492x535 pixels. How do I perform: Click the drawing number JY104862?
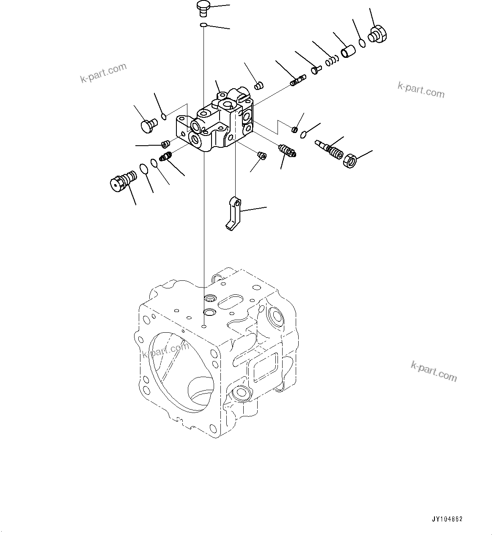pos(447,519)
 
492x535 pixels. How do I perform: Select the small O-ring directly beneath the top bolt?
pos(203,25)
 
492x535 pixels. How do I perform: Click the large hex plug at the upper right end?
pos(378,34)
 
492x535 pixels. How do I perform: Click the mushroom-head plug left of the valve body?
pos(148,125)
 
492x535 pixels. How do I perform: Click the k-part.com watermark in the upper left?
pos(103,73)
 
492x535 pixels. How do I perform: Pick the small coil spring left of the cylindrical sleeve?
pos(332,62)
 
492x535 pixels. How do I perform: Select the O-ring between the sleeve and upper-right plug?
pos(362,43)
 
